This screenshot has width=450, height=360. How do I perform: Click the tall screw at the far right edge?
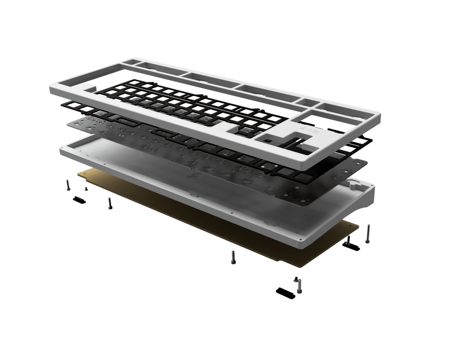click(368, 234)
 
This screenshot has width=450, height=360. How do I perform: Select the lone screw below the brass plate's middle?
click(233, 257)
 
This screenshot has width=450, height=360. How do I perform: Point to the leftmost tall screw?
click(67, 185)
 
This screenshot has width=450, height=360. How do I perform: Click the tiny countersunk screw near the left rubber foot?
click(85, 189)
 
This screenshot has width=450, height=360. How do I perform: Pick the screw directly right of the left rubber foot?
click(110, 203)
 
